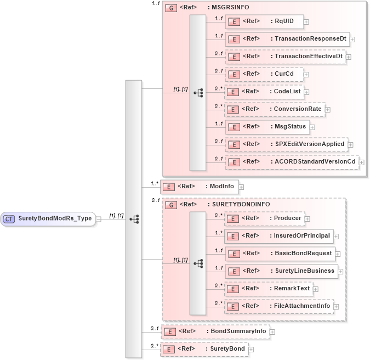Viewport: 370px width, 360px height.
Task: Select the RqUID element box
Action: [264, 22]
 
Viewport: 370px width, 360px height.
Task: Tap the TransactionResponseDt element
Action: [287, 40]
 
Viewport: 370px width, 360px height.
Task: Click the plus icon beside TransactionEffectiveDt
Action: [349, 57]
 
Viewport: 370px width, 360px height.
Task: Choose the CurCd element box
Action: [264, 74]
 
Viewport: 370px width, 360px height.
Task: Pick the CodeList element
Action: [265, 92]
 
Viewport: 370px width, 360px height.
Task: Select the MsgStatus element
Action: [267, 127]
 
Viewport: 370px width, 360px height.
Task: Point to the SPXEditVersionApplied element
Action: [286, 144]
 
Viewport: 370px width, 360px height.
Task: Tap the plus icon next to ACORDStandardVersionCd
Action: [362, 162]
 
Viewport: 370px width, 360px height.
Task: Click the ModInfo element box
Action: [198, 187]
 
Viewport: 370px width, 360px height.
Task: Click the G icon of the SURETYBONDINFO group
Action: [170, 205]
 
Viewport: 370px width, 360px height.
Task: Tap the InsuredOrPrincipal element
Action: [279, 236]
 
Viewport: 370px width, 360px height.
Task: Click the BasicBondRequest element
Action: [280, 254]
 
